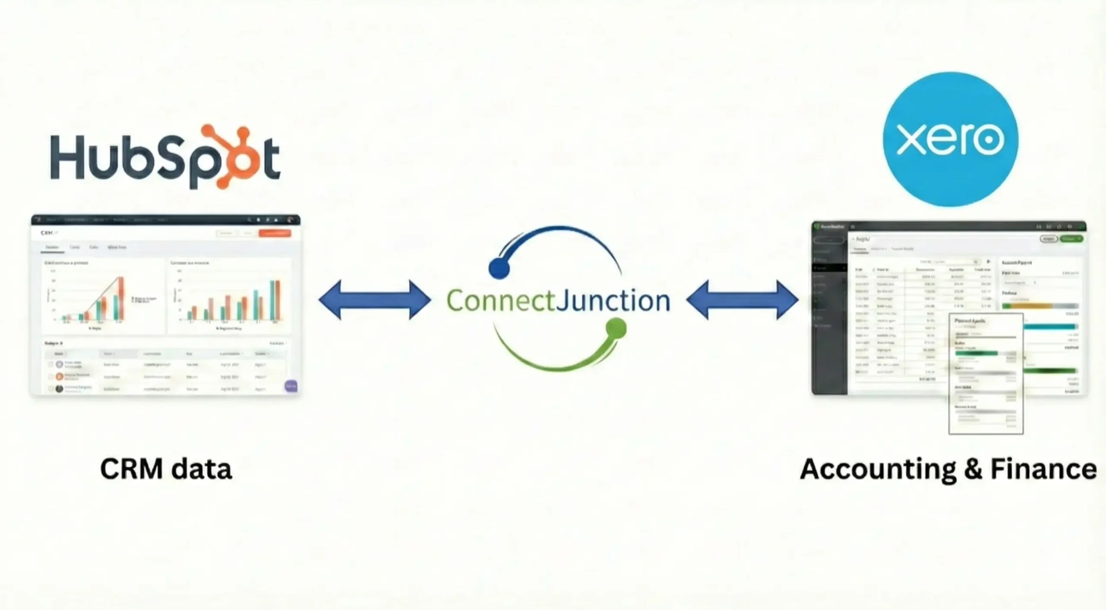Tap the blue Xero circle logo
pos(950,139)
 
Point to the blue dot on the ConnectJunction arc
pos(499,268)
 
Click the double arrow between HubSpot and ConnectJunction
pos(375,300)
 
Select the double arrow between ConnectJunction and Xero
pos(742,300)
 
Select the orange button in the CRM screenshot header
pos(275,233)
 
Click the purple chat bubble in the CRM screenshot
pos(291,386)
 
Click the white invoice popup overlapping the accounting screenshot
pos(986,374)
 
